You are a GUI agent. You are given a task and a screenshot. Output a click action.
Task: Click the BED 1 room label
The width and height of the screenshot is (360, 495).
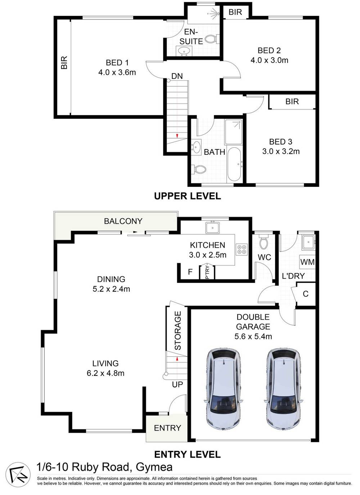click(x=117, y=63)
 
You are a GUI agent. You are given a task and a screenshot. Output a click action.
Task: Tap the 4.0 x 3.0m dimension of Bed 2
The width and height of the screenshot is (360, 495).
click(x=269, y=60)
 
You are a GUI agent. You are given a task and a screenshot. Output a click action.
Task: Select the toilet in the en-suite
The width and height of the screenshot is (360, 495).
click(x=210, y=39)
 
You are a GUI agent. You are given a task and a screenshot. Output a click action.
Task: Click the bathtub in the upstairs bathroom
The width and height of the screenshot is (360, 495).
click(x=235, y=165)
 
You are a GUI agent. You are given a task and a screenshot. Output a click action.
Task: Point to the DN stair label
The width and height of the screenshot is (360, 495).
click(x=177, y=76)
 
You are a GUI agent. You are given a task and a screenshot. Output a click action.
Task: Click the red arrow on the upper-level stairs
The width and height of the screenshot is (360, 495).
click(x=177, y=136)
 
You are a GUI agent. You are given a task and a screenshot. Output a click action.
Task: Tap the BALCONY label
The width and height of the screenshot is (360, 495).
click(x=123, y=221)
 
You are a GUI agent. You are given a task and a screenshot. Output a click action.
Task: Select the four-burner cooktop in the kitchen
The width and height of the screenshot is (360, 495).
click(x=241, y=249)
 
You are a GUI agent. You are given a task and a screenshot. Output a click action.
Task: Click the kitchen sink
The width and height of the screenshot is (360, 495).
click(x=212, y=228)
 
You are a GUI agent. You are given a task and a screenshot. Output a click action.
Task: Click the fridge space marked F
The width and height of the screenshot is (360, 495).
click(x=190, y=272)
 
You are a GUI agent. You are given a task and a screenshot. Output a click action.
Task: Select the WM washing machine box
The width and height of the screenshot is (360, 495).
click(x=307, y=262)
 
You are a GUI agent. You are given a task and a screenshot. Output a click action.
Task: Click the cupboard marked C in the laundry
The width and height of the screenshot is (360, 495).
click(x=306, y=294)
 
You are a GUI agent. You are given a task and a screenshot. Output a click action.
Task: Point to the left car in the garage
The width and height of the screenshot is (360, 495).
click(x=223, y=388)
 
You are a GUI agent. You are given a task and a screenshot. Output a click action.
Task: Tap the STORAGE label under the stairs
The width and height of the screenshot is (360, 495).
click(x=177, y=331)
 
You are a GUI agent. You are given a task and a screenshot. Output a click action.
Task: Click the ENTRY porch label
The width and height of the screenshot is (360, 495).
click(x=167, y=428)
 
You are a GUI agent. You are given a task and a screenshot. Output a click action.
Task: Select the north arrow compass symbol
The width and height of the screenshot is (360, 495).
click(x=17, y=472)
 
